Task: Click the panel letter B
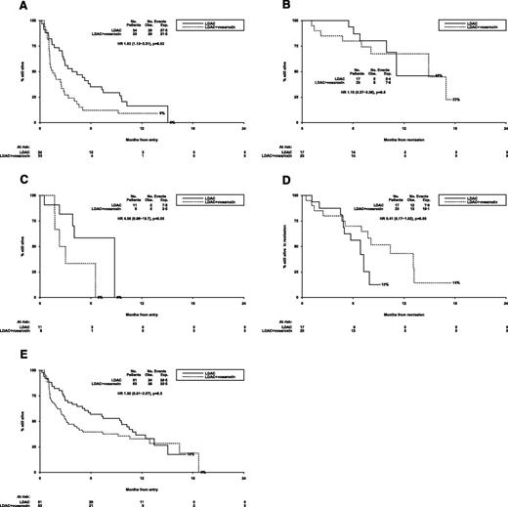(x=268, y=7)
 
